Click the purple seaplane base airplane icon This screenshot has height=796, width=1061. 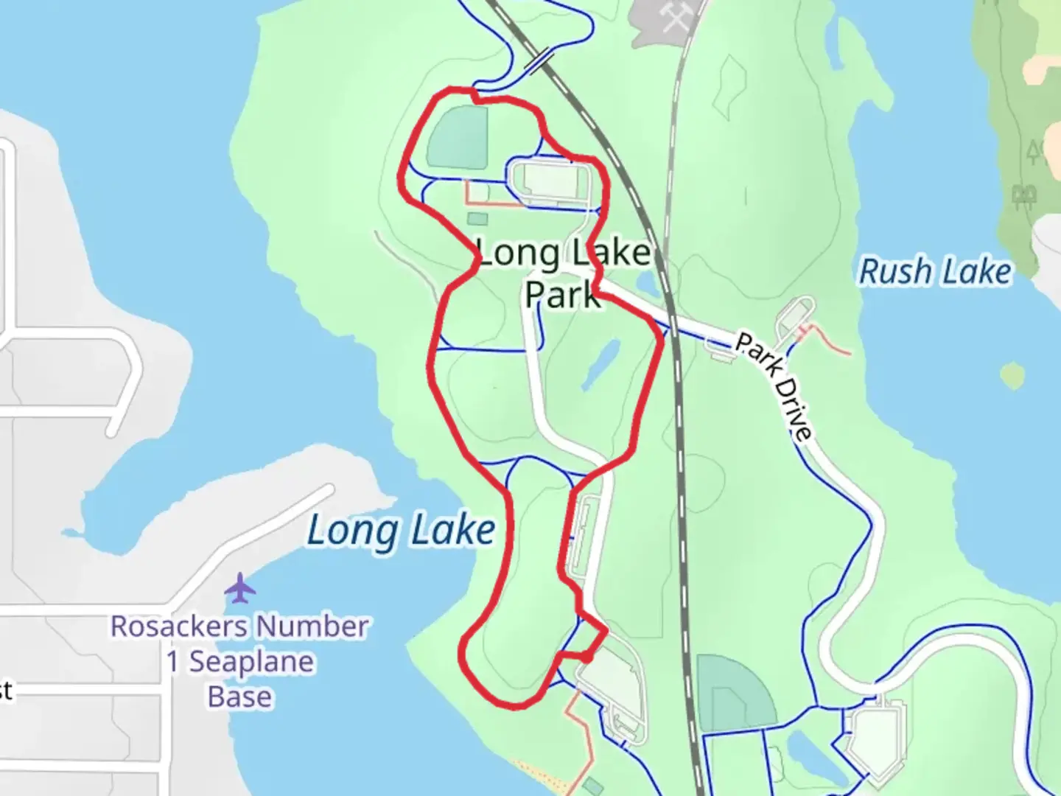click(240, 588)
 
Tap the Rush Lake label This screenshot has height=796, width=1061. click(935, 271)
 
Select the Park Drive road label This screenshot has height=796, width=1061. click(774, 386)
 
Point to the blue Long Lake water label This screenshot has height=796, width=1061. click(401, 530)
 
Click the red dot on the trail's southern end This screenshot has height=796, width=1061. click(587, 656)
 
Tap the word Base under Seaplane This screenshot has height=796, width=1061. click(239, 696)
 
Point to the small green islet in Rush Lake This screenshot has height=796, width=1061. click(1013, 375)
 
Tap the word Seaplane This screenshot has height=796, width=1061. click(251, 661)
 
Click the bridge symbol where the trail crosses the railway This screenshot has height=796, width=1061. click(541, 60)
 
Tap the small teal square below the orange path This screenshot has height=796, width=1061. click(477, 218)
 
